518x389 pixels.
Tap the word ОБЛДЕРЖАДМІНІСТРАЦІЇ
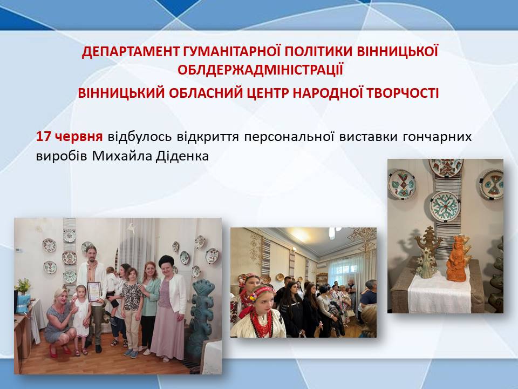pos(260,70)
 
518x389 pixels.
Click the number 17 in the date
pos(43,136)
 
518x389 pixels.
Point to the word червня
pos(79,137)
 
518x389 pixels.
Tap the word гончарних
pos(437,137)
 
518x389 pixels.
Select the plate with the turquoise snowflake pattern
pos(445,206)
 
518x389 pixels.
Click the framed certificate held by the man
pos(94,291)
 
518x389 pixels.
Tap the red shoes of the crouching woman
pos(59,351)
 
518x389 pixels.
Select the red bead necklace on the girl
pos(261,322)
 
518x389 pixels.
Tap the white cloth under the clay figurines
pos(439,292)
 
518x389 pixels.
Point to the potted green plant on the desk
pos(23,286)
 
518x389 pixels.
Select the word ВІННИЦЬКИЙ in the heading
pos(121,93)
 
